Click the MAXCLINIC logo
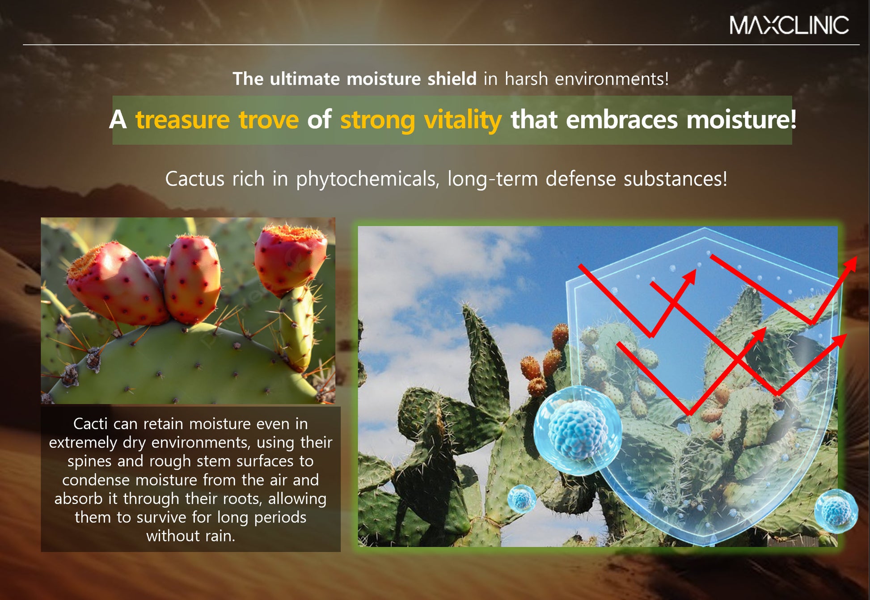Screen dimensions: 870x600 789,25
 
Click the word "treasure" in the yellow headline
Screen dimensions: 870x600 182,120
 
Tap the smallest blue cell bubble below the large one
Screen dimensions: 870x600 522,499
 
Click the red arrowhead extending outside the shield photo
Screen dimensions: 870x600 849,265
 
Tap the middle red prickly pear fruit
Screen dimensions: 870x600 192,279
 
